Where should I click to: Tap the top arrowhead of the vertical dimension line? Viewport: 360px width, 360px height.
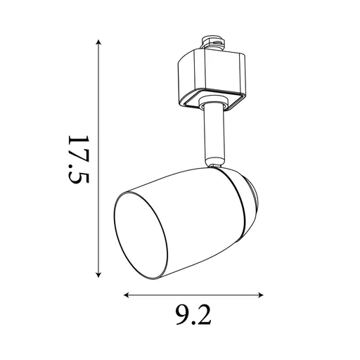(x=98, y=43)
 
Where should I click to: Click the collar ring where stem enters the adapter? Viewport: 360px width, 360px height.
(x=210, y=105)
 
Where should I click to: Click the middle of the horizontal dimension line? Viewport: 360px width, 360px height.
(x=194, y=295)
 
